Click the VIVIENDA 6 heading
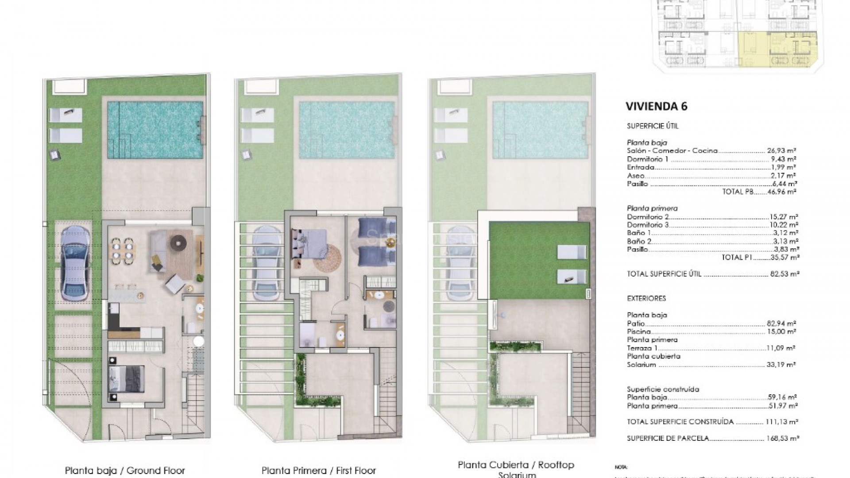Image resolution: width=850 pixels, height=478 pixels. click(656, 106)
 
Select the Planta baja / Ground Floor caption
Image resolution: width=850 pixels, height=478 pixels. click(125, 470)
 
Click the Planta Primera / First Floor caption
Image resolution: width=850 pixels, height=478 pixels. click(318, 470)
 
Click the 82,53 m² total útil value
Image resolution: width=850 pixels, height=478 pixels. click(783, 274)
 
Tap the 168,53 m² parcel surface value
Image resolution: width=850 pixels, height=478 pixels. click(782, 438)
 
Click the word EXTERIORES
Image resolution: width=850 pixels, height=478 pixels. click(646, 299)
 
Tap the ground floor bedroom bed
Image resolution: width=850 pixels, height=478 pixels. click(126, 380)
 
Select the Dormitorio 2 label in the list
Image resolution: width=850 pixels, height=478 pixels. click(648, 217)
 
